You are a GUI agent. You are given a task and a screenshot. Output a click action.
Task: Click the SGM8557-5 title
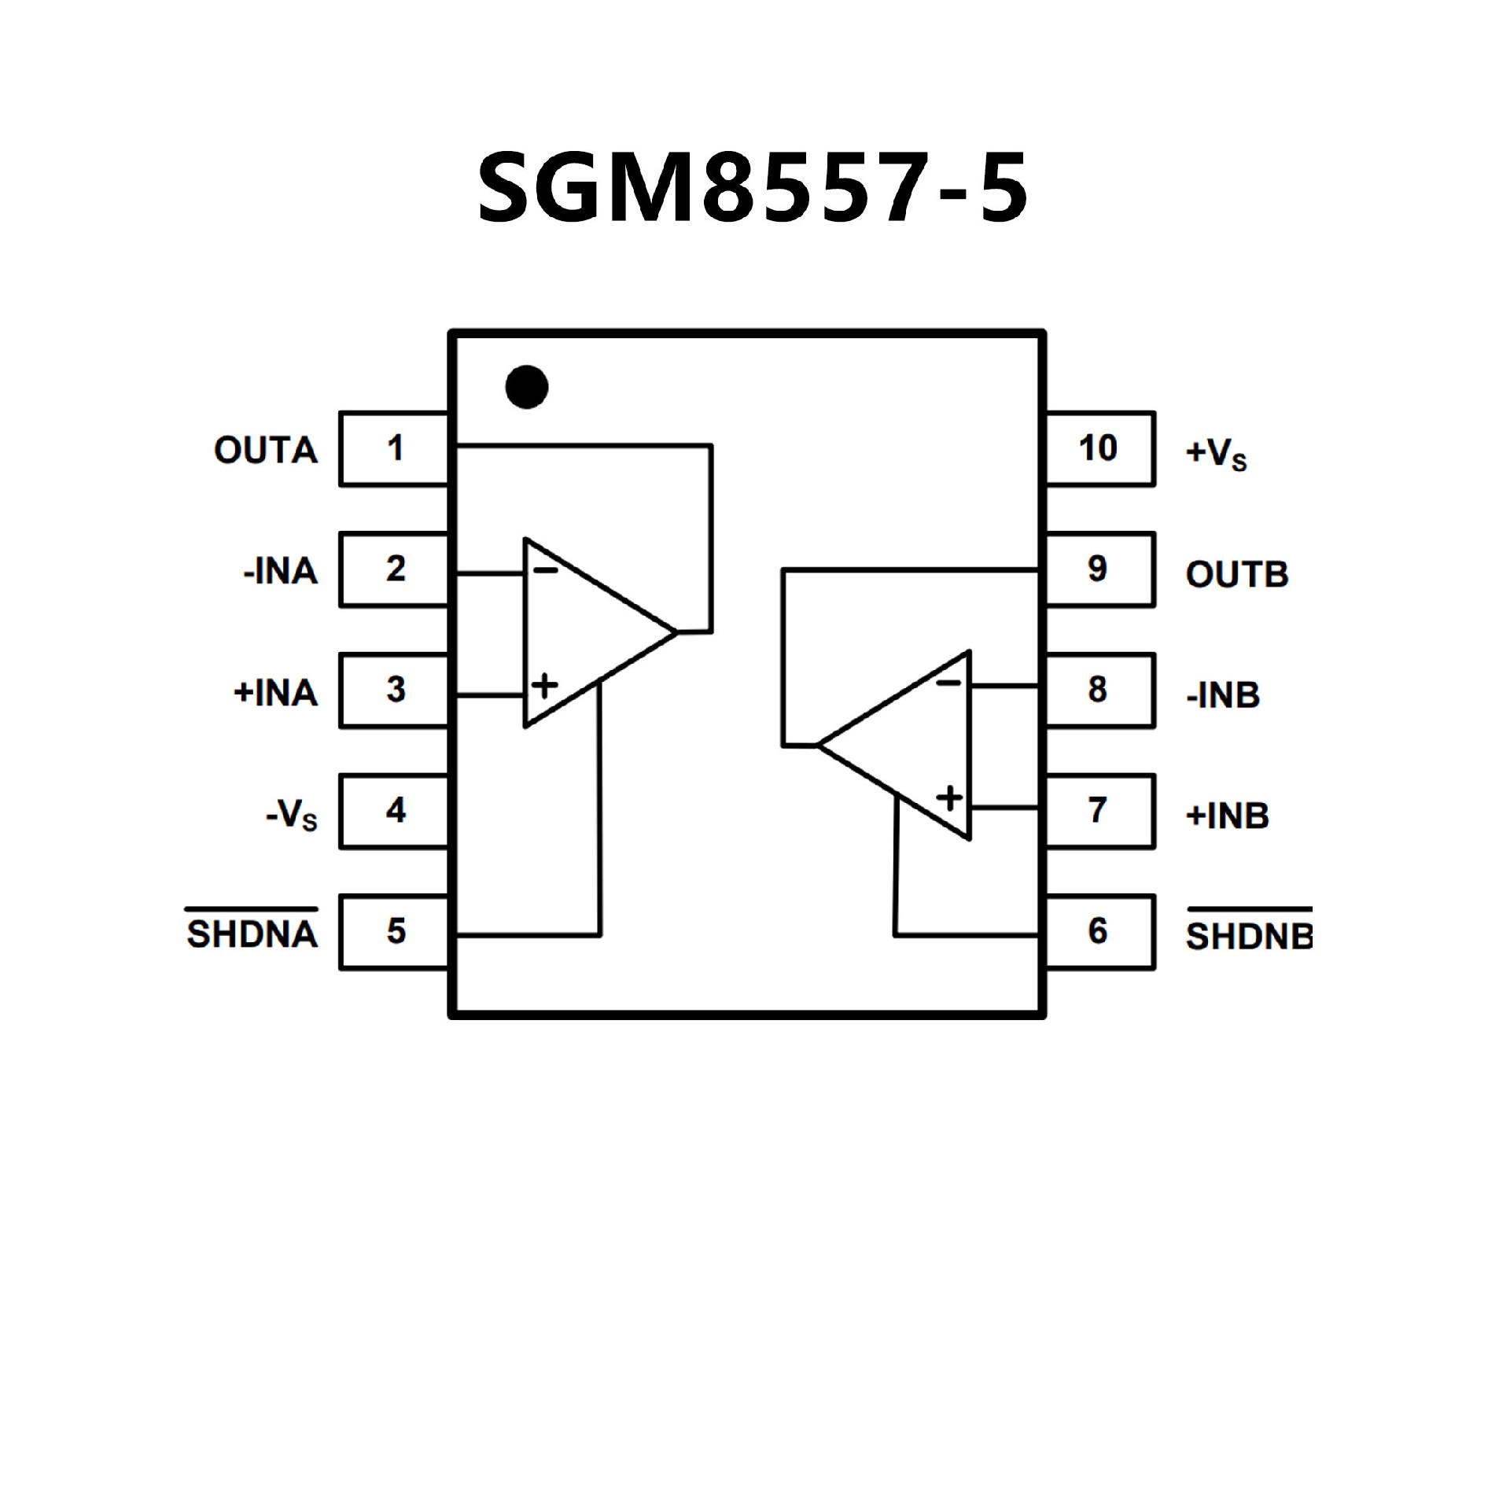753,187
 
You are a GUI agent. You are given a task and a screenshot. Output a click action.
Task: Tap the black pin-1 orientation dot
526,387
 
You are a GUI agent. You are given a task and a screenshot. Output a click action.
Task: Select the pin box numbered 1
394,448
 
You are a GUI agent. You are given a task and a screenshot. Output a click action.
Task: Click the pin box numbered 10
1099,448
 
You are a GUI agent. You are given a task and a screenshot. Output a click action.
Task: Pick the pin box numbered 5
394,932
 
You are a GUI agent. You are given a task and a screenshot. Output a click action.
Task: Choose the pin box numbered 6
1099,932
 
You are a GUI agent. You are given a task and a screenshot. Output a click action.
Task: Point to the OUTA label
266,451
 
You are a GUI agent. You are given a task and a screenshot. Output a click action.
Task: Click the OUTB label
1236,575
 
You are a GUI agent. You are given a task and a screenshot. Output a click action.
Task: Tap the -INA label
281,572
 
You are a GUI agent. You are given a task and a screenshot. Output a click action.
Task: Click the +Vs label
1216,454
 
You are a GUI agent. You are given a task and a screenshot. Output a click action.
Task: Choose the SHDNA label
252,934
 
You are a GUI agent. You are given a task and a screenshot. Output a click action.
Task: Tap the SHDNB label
1248,936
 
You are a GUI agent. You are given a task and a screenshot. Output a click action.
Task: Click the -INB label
1223,696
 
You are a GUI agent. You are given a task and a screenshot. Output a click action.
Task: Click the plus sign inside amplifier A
544,686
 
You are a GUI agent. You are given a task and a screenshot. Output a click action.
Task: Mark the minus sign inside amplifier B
948,683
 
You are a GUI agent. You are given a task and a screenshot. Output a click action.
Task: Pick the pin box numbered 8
1099,691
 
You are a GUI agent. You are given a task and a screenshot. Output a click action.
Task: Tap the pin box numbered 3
394,691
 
